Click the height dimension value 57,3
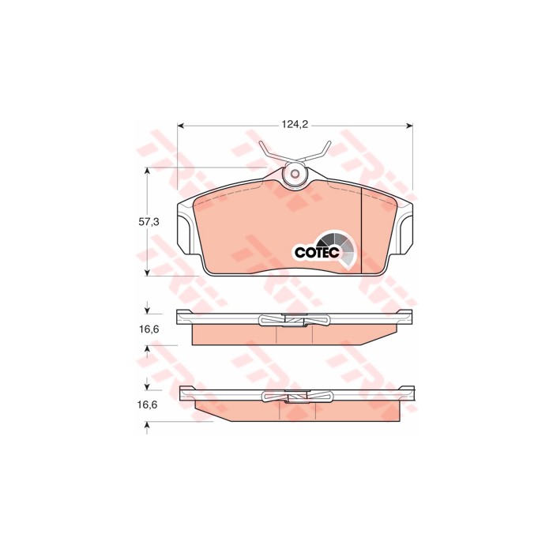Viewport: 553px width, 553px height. click(149, 223)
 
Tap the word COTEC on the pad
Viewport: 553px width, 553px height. click(316, 252)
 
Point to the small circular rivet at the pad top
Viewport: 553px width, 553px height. click(295, 174)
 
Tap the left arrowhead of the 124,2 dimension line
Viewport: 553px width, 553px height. click(182, 125)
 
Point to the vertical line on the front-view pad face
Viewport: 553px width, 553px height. click(361, 229)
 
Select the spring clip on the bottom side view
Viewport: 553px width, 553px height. click(295, 398)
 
